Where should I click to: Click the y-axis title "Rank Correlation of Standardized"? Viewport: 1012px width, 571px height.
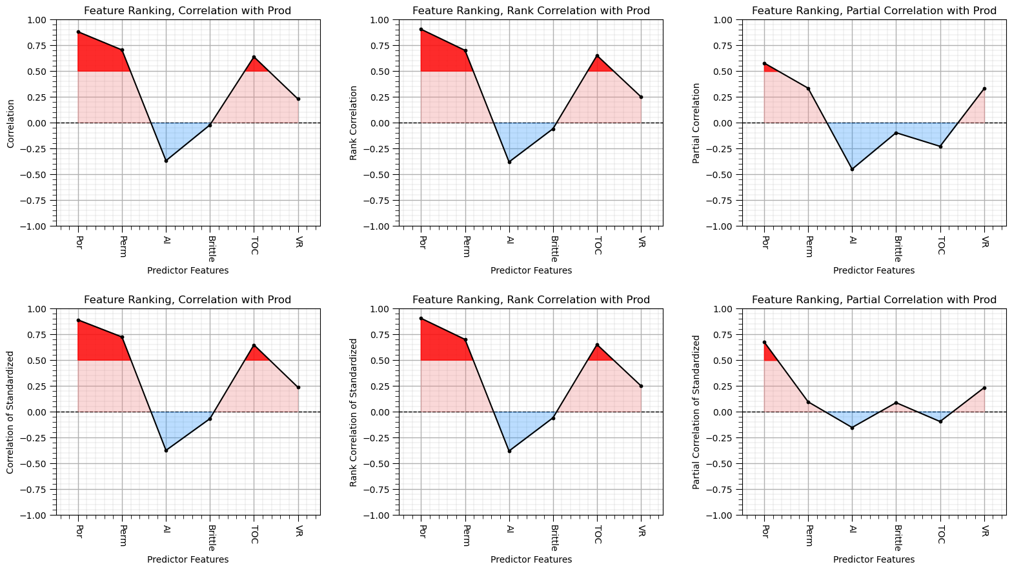tap(353, 412)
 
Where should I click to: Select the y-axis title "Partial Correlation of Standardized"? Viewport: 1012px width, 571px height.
tap(696, 412)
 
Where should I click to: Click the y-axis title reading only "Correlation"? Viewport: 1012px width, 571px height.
tap(10, 123)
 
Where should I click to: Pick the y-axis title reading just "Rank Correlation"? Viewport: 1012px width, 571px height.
tap(353, 123)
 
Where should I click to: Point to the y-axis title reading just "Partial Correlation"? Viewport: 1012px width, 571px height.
tap(696, 123)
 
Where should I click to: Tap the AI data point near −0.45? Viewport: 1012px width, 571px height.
tap(852, 170)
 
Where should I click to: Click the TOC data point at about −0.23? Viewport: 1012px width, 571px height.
tap(940, 146)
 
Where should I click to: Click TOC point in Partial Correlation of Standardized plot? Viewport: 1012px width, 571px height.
tap(940, 421)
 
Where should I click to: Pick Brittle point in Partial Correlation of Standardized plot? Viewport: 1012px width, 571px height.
tap(896, 403)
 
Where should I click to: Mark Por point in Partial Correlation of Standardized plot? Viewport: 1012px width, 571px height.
tap(764, 343)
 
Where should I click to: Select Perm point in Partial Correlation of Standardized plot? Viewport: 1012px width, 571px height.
tap(808, 402)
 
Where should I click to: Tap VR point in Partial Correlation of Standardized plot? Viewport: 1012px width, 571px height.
tap(984, 388)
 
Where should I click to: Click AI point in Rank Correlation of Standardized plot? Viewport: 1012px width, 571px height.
tap(509, 451)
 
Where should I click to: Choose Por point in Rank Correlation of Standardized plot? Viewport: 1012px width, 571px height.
tap(421, 319)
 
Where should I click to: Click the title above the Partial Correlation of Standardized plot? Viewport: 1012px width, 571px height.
tap(874, 299)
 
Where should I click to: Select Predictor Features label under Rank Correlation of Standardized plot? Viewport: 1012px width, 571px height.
tap(531, 559)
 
